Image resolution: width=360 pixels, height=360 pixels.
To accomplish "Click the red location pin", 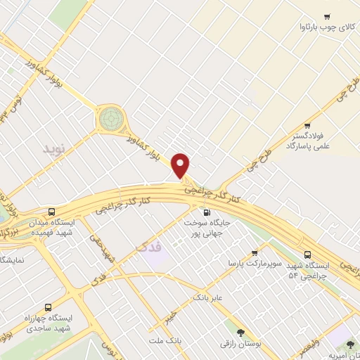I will click(x=181, y=165).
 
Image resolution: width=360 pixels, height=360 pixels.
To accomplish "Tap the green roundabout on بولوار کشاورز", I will click(x=110, y=119).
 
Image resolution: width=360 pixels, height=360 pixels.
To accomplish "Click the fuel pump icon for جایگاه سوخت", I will click(x=206, y=212).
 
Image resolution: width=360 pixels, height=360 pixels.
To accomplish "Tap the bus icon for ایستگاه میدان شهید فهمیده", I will click(x=52, y=212).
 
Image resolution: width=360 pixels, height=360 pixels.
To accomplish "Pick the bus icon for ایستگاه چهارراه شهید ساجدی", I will click(x=48, y=307).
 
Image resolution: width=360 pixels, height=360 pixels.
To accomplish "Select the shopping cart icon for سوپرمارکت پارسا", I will click(x=255, y=252).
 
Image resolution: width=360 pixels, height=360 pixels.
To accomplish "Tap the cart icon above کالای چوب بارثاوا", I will click(x=326, y=16).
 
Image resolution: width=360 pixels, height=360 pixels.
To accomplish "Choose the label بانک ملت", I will click(x=165, y=340).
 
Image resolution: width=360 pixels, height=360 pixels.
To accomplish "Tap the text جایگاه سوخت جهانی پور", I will click(x=208, y=227).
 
